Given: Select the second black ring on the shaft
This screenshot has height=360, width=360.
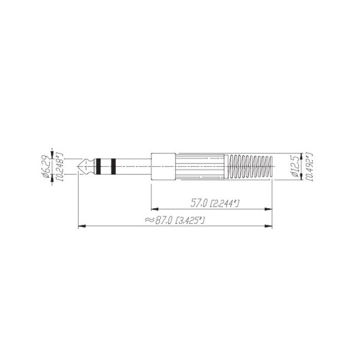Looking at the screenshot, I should tap(112, 164).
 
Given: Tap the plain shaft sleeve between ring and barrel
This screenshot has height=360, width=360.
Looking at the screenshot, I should tap(133, 164).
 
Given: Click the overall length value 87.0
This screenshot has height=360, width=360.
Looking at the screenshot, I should tap(164, 220).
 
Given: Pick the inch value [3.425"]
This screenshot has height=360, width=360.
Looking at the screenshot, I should tap(190, 220).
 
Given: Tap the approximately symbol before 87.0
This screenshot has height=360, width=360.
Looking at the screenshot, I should tap(148, 220).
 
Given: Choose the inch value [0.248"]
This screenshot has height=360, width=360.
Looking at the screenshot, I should tap(59, 164).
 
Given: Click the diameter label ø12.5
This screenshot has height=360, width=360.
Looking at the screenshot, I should tap(295, 165).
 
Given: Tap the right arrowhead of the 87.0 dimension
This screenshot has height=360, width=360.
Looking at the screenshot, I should tap(271, 226).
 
